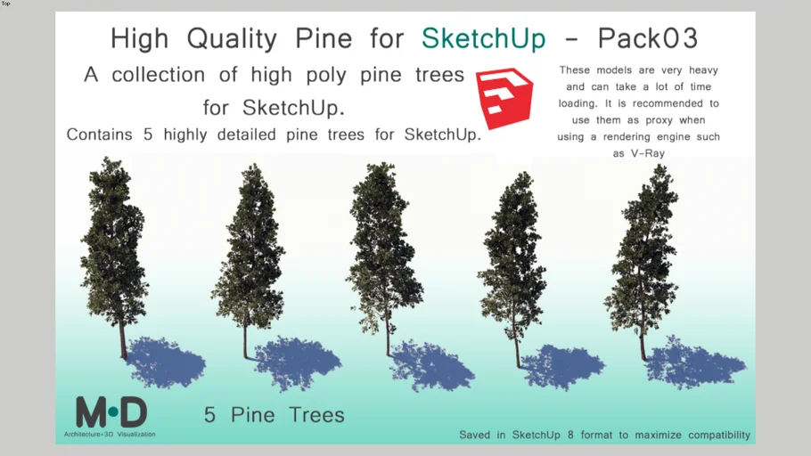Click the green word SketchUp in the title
[484, 39]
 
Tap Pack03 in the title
[648, 38]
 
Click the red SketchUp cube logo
[504, 98]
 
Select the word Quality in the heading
[232, 39]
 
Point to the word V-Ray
[648, 153]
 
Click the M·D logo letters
[111, 412]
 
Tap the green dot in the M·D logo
[113, 412]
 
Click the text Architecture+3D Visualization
[110, 435]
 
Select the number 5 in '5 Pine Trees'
[209, 415]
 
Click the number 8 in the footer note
[570, 435]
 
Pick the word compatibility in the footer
[719, 436]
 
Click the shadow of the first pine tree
[165, 362]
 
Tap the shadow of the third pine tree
[431, 365]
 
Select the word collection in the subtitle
[159, 75]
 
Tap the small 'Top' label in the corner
[5, 4]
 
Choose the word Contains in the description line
[99, 135]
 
